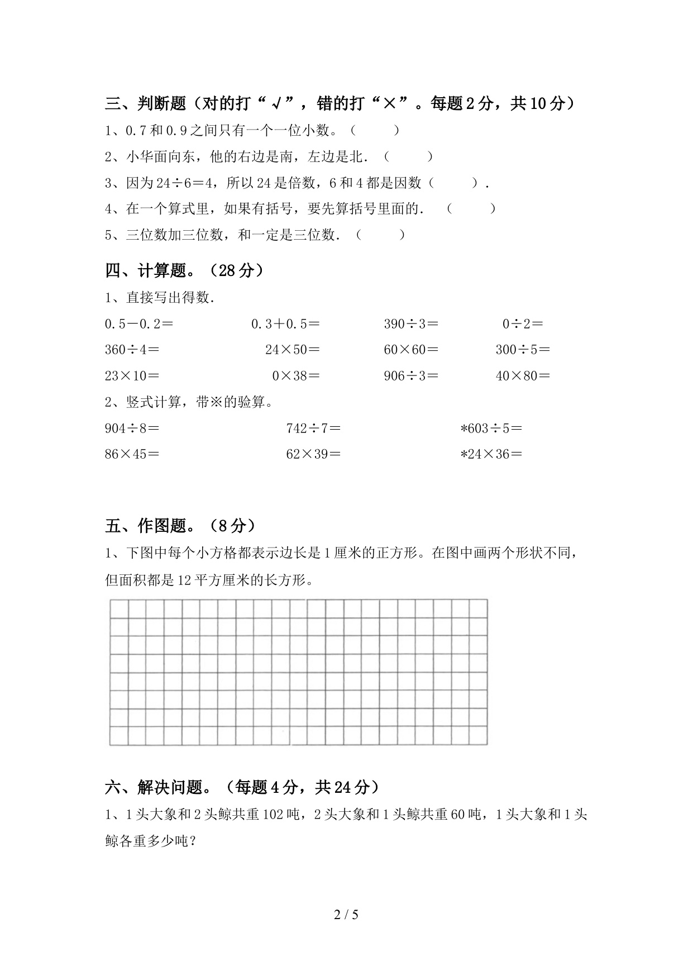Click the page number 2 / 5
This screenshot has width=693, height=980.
[x=346, y=915]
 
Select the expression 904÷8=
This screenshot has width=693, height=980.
[x=132, y=429]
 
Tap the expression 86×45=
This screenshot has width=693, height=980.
[x=132, y=454]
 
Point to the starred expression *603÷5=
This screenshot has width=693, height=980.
[x=491, y=429]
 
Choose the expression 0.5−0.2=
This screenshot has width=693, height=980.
[x=139, y=324]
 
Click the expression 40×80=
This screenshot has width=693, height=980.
[x=523, y=376]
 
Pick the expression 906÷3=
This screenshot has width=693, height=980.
[x=411, y=376]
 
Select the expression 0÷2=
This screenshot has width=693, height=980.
[x=523, y=324]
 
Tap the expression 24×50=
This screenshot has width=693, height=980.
[x=293, y=350]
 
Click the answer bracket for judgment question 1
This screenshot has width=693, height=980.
[x=375, y=131]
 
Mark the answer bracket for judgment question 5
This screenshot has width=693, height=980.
[x=380, y=235]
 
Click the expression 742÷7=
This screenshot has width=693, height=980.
[x=313, y=429]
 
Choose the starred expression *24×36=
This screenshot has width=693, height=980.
[x=491, y=454]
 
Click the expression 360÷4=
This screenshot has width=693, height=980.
[x=132, y=350]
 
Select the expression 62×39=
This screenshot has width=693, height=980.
[x=313, y=454]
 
